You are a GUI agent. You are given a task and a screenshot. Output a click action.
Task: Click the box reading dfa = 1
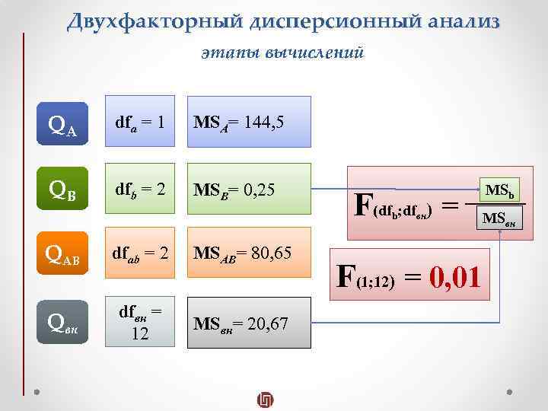tap(141, 122)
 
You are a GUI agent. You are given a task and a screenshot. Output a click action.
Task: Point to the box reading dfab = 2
tap(141, 251)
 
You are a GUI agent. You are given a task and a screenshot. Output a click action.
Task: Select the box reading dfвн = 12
tap(141, 323)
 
